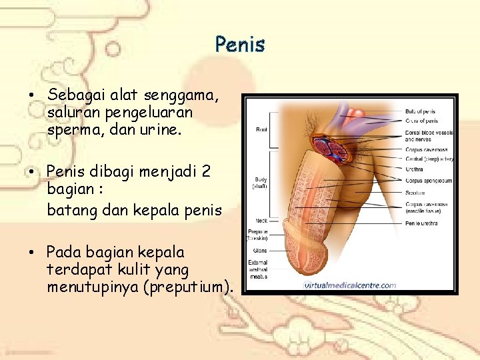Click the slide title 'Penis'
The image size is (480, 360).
(x=240, y=45)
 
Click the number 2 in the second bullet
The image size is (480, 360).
(x=205, y=171)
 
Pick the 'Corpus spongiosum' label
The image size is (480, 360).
(x=428, y=181)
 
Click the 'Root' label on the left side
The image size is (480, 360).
(x=262, y=131)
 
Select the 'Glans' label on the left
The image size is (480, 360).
(x=260, y=251)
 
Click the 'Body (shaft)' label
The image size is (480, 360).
(x=260, y=184)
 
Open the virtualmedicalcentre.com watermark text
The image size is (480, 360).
(x=350, y=285)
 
